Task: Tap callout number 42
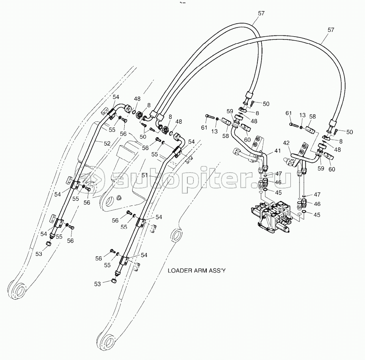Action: coord(286,144)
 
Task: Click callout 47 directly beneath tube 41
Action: coord(279,173)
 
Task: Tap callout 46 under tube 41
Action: coord(279,183)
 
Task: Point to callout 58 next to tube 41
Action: coord(225,136)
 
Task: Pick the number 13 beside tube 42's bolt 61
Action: coord(302,115)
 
